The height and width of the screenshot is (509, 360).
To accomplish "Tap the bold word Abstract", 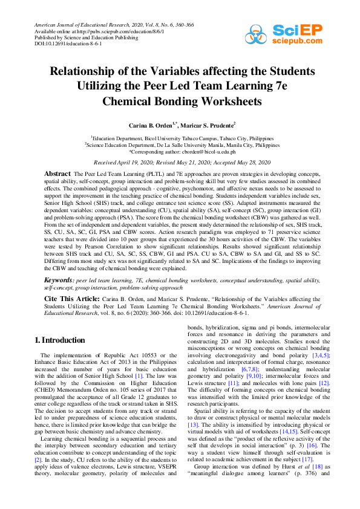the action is coord(57,173).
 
